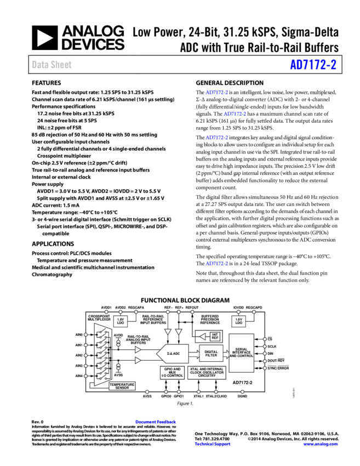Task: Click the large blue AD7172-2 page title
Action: tap(313, 65)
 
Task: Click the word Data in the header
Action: tap(39, 65)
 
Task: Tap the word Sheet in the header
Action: tap(61, 65)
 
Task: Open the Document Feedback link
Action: tap(156, 422)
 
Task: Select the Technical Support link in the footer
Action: tap(213, 444)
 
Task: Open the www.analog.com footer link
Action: tap(321, 444)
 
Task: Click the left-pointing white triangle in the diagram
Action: tap(202, 337)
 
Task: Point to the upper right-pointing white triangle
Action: tap(138, 349)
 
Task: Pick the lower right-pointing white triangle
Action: tap(138, 360)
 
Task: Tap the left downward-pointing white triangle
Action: tap(168, 332)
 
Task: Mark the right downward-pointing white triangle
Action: tap(179, 332)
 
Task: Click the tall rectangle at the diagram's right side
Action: tap(241, 353)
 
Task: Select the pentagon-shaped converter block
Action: tap(173, 354)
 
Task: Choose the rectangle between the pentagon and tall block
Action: tap(211, 353)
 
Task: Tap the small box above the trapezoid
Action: tap(120, 321)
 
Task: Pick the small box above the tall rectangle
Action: tap(238, 321)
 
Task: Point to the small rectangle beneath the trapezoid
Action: tap(122, 385)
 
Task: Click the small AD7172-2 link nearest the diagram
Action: tap(216, 264)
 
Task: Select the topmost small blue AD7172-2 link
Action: tap(216, 93)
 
